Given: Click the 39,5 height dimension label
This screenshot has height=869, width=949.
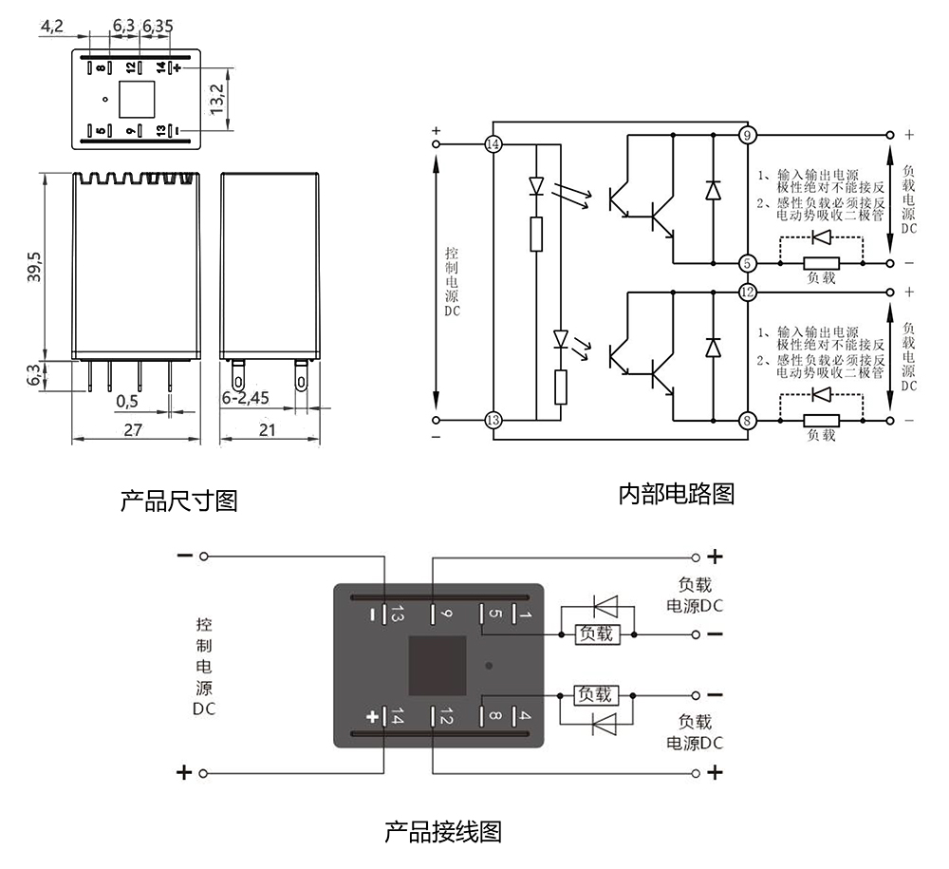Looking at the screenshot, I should coord(34,267).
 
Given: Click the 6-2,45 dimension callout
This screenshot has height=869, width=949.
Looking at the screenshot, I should coord(246,399).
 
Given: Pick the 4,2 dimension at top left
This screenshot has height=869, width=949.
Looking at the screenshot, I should coord(52,27).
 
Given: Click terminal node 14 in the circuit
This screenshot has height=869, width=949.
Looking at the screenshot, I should coord(493,144).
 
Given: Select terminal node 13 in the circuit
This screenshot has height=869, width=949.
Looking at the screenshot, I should coord(493,420).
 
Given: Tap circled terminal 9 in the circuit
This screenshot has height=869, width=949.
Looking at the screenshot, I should coord(748,135).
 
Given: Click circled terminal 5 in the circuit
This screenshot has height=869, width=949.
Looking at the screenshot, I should coord(748,263).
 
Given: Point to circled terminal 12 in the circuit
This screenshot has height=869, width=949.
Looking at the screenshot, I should coord(748,292).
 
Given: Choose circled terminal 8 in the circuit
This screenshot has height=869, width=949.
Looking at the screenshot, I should coord(748,420).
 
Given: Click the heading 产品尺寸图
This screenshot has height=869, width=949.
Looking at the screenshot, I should coord(178,500).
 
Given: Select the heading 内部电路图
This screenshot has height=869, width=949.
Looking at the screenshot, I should coord(676,494).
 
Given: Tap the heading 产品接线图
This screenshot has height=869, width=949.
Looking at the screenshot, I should coord(442,832).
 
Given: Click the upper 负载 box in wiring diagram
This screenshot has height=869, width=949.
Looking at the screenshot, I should coord(598,633).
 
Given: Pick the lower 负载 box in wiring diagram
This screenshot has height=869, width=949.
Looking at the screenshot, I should coord(598,695).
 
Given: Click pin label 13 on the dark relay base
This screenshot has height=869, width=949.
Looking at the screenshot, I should coord(398,615).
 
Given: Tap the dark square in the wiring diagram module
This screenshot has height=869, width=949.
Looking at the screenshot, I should coord(438,665).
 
